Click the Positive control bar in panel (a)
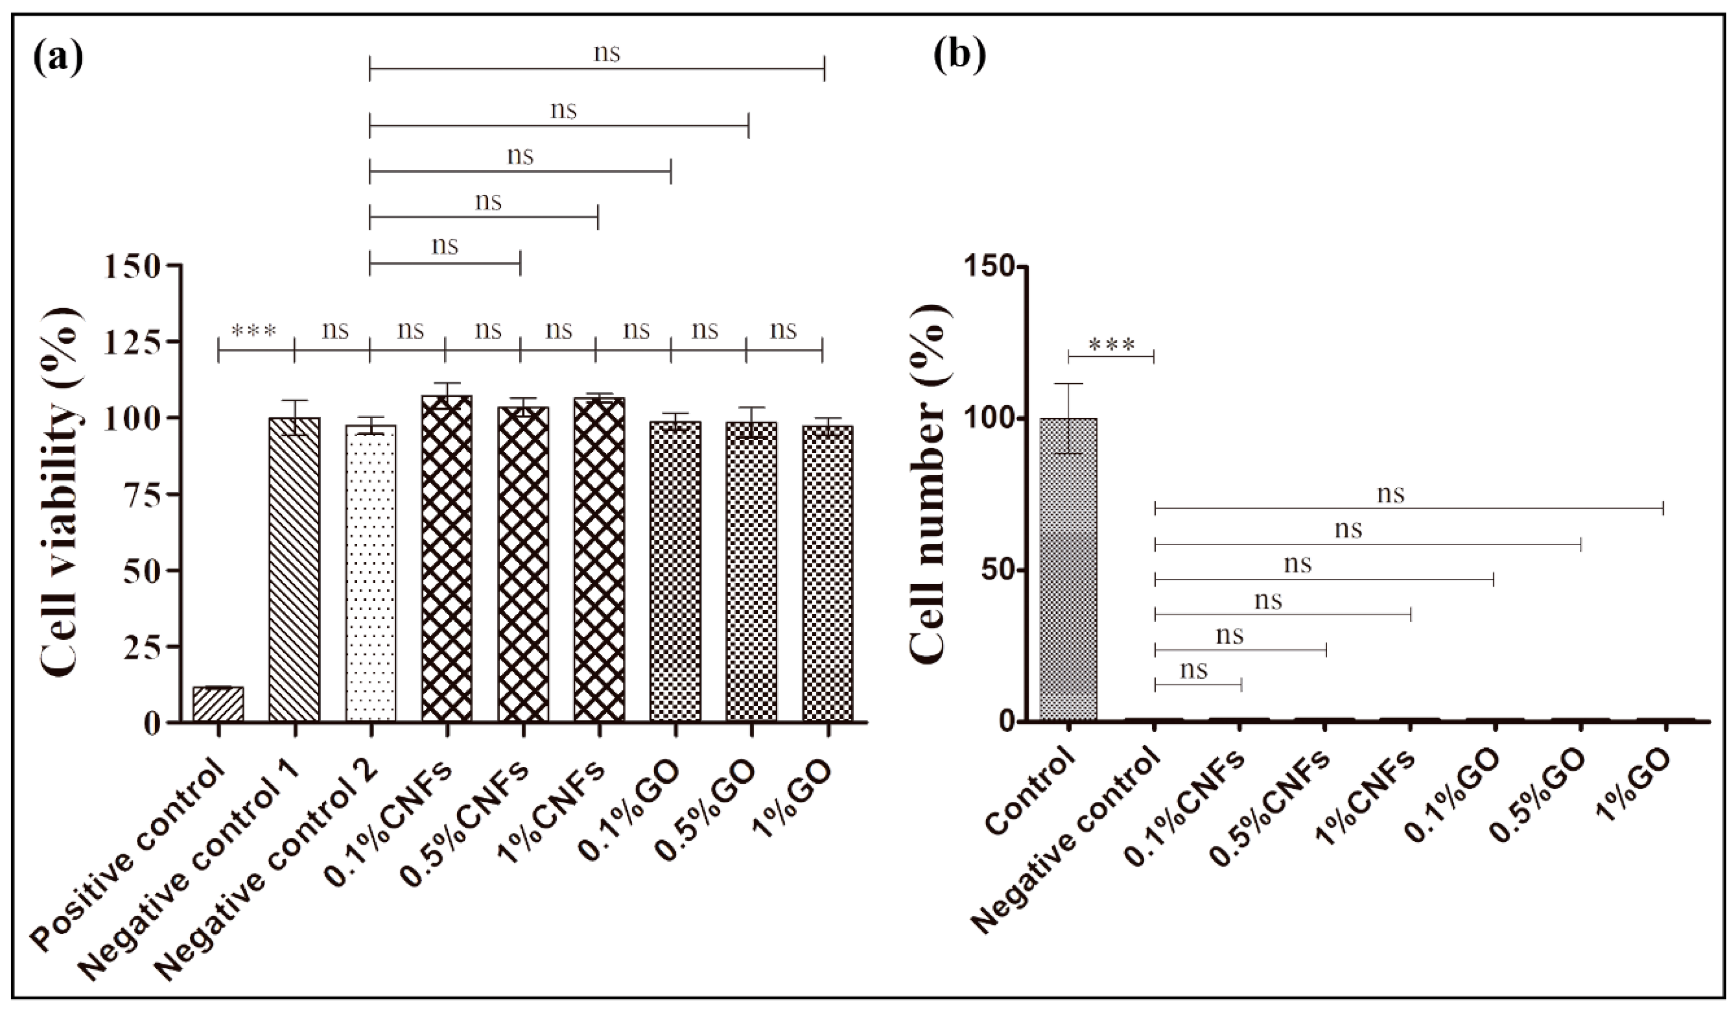tap(219, 703)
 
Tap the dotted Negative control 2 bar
tap(371, 573)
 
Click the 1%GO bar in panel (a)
tap(827, 573)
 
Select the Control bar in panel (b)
tap(1068, 569)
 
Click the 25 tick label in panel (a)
tap(141, 647)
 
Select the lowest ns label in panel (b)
tap(1194, 669)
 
